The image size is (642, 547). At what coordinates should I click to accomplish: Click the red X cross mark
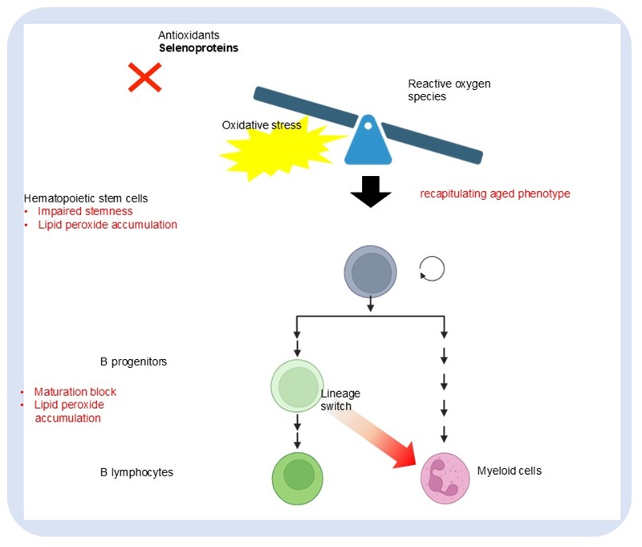point(145,78)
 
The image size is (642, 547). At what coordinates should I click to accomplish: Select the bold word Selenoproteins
point(198,48)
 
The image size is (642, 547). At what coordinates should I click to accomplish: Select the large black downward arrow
point(371,191)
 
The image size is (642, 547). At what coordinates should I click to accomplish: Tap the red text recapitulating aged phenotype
point(495,194)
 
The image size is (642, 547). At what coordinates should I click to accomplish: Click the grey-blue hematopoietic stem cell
point(370,271)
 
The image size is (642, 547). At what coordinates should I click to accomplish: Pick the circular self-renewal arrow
point(431,269)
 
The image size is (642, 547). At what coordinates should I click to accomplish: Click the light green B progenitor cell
point(297,384)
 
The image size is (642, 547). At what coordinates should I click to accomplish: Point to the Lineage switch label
point(340,400)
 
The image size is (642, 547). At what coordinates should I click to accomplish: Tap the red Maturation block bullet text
point(75,392)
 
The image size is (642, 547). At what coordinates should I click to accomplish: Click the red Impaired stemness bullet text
point(85,211)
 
